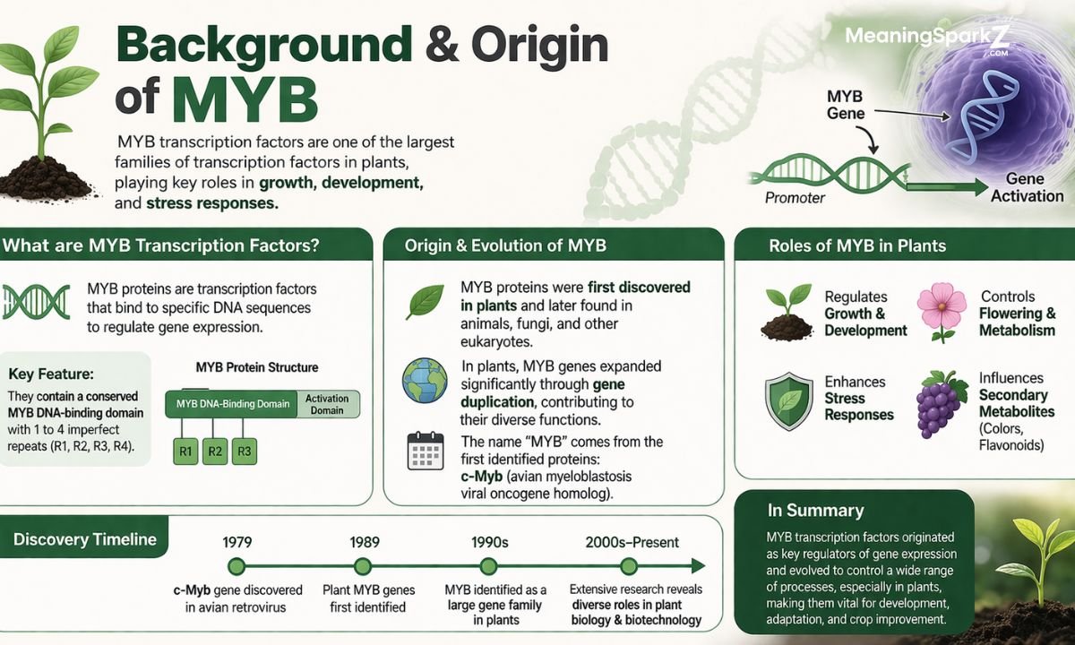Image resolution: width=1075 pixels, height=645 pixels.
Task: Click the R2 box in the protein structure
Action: [215, 451]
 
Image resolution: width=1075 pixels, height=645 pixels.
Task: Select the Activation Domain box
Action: [327, 403]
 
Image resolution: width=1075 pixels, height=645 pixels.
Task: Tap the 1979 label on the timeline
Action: [236, 542]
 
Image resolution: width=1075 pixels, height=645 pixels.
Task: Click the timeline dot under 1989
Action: [363, 566]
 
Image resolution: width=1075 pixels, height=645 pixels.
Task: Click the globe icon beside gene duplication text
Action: [425, 380]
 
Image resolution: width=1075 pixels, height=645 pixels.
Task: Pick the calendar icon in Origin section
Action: [425, 451]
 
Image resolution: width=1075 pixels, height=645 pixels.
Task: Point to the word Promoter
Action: [795, 198]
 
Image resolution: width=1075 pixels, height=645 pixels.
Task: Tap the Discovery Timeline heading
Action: [85, 539]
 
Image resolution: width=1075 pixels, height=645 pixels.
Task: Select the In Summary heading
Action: [815, 511]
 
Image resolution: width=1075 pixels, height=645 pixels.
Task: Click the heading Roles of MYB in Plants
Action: [857, 245]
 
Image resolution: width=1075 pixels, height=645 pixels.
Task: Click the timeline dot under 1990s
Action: [488, 566]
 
